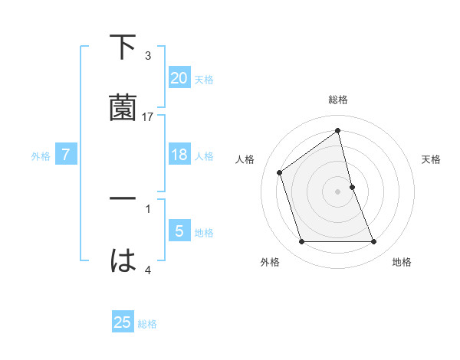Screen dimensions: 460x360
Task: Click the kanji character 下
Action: point(123,48)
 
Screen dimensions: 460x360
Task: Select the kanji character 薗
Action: point(123,108)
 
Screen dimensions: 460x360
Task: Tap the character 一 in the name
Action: point(123,198)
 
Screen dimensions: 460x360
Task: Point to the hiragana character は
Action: point(123,260)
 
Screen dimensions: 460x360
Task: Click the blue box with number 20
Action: point(179,77)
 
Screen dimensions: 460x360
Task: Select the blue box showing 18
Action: point(179,155)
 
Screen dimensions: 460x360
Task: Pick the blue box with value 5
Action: point(179,231)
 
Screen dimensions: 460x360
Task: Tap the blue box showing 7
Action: point(66,155)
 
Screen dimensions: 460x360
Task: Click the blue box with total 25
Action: point(123,322)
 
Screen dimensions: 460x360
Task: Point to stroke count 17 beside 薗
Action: point(148,117)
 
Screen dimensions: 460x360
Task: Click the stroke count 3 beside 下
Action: point(148,56)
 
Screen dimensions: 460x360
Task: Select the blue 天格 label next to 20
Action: point(204,79)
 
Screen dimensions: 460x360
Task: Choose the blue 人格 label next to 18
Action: point(204,156)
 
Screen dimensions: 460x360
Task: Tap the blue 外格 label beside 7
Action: point(41,156)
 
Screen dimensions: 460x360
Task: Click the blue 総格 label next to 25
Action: point(147,324)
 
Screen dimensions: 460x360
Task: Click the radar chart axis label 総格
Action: point(338,100)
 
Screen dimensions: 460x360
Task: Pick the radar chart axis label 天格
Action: point(432,159)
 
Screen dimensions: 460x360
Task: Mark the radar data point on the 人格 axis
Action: point(280,172)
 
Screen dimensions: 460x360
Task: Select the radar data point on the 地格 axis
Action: point(373,242)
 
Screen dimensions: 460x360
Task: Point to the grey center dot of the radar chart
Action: point(338,191)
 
